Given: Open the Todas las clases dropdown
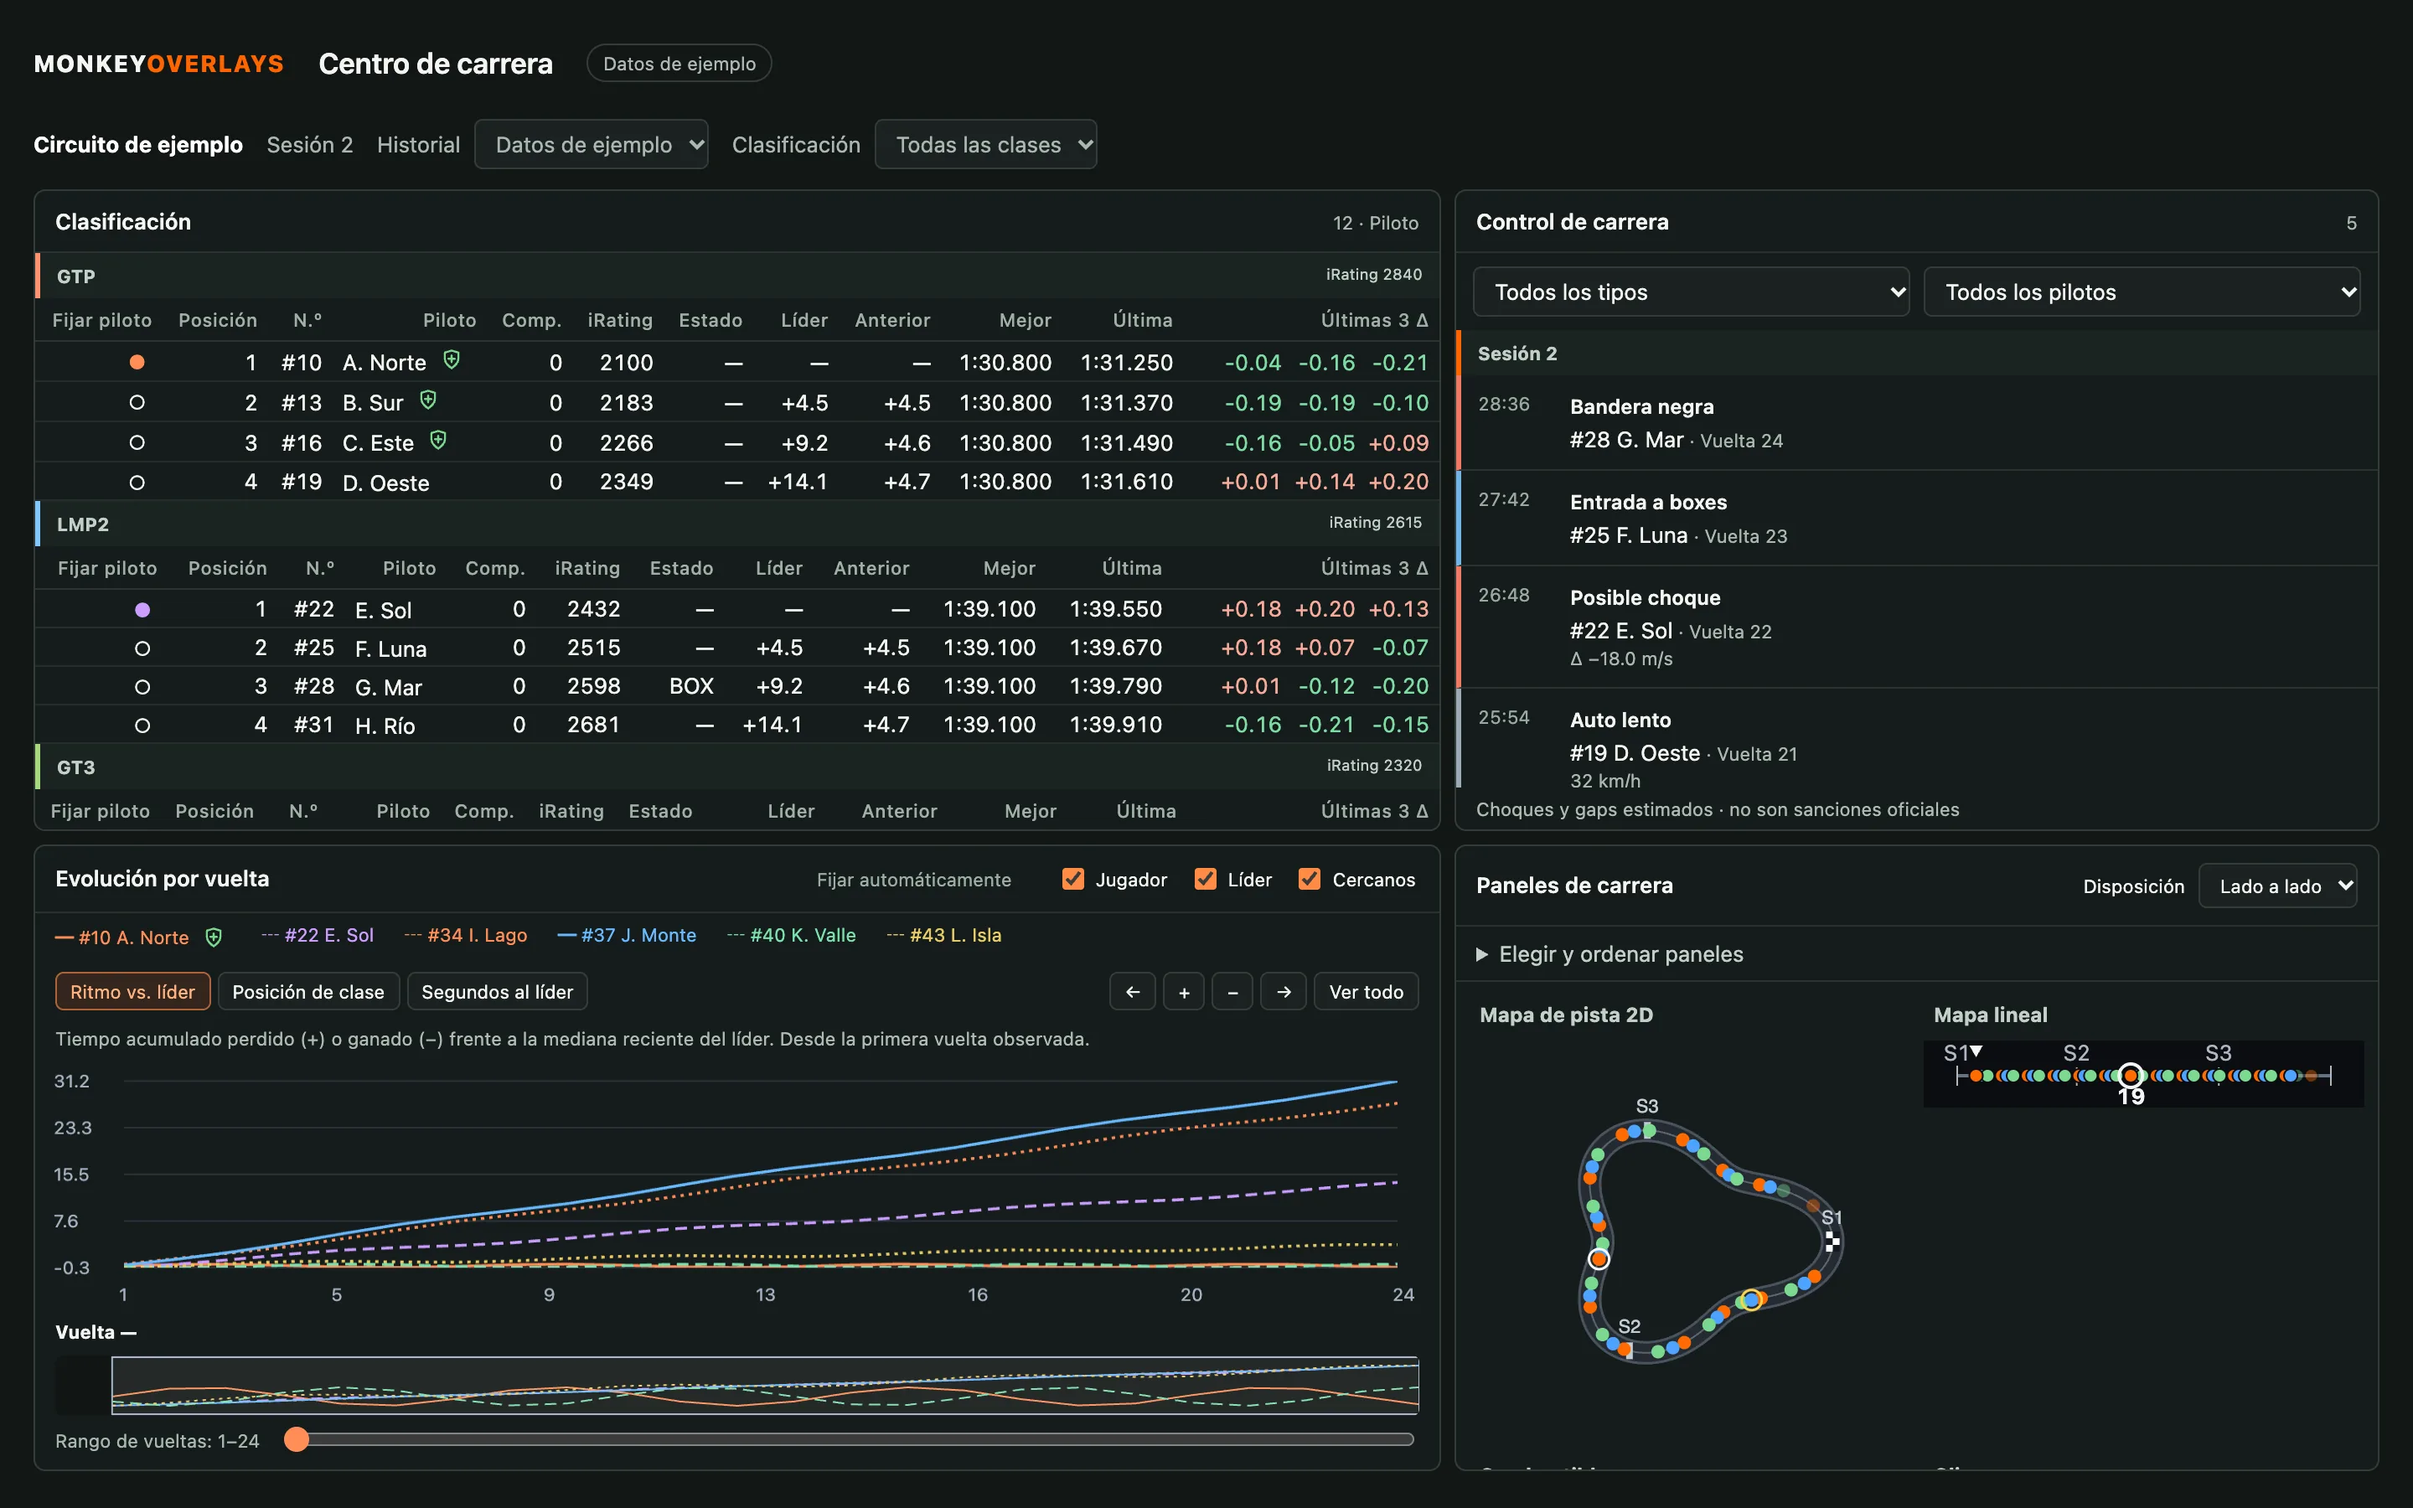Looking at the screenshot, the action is (985, 145).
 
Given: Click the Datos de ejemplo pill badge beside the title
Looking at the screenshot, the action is (679, 64).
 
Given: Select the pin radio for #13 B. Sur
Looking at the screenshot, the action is (137, 403).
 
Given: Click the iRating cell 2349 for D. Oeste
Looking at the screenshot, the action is (626, 483).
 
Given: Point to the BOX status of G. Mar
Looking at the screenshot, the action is (691, 686).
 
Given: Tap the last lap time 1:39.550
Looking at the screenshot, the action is (1116, 609).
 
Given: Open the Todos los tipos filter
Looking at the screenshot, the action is (1691, 292).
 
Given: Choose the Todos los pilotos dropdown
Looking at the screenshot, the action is (2142, 292).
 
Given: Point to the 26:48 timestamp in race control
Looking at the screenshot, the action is (1504, 596).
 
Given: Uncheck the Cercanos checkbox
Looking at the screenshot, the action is (1310, 879).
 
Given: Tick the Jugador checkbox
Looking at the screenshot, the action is (1073, 879).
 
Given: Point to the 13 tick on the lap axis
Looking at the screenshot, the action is (765, 1294).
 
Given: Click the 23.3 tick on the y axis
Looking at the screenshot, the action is (73, 1128).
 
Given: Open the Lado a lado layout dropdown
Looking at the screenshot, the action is (2277, 886).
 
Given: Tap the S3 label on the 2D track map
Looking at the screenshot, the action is (1646, 1106).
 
